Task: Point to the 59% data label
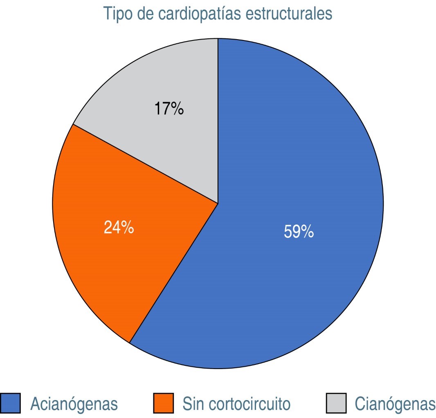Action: point(299,232)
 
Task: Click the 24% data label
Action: point(119,228)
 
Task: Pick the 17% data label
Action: point(169,109)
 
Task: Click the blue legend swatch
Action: point(11,403)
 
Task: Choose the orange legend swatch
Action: point(163,403)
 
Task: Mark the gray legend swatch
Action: point(336,403)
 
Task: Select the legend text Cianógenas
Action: point(395,404)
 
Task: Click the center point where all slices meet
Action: point(218,203)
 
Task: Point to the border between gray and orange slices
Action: point(145,164)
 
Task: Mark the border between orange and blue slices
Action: point(174,273)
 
